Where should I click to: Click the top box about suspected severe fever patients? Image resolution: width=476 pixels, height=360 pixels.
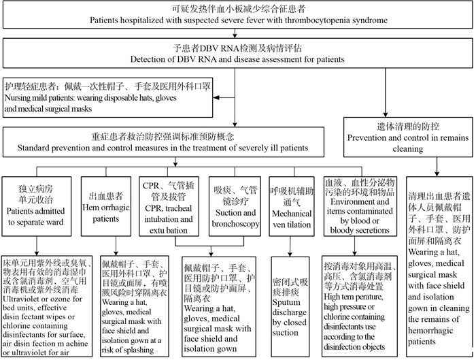[238, 15]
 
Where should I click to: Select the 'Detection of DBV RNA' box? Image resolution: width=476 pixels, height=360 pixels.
[238, 52]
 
